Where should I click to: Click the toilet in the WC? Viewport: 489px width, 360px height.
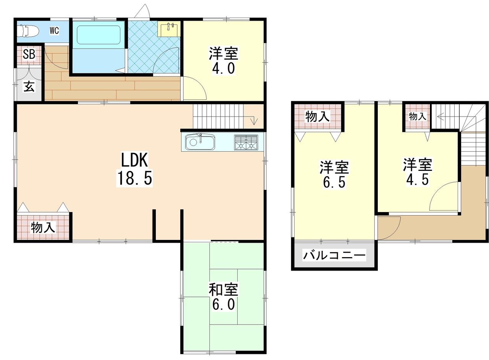point(28,31)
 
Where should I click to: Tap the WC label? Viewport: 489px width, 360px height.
point(54,31)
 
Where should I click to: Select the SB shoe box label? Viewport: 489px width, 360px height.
point(29,54)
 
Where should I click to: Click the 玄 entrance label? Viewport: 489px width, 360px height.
point(29,86)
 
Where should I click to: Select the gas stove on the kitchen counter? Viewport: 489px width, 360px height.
point(246,142)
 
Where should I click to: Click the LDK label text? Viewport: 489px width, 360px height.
point(134,160)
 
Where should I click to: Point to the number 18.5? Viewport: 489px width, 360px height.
point(134,178)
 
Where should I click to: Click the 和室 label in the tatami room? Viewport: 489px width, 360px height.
point(223,289)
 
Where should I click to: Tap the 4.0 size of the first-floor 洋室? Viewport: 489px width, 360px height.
point(223,68)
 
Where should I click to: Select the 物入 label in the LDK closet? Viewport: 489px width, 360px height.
point(43,227)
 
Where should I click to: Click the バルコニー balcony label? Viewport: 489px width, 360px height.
point(334,255)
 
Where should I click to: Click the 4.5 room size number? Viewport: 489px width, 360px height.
point(418,180)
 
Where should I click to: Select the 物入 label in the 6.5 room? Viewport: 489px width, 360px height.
point(317,117)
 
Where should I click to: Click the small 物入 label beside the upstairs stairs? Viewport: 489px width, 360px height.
point(418,116)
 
